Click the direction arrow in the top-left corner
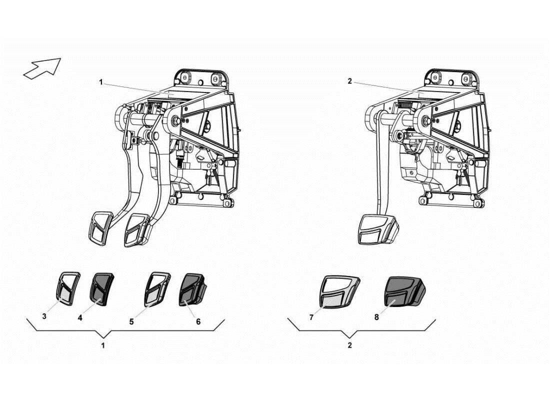coord(42,68)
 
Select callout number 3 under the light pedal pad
coord(44,316)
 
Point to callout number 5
coord(131,322)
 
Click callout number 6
coord(198,321)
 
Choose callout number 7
coord(311,317)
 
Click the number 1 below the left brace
coord(103,345)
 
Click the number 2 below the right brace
coord(349,345)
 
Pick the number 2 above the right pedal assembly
coord(349,81)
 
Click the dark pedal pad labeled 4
coord(102,288)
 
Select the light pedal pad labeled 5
coord(156,288)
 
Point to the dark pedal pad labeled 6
coord(190,289)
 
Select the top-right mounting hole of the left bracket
coord(216,79)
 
